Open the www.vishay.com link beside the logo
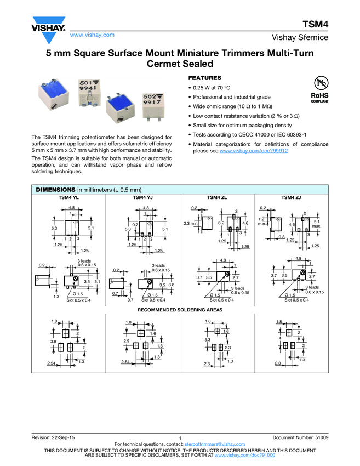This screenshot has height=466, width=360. pyautogui.click(x=92, y=35)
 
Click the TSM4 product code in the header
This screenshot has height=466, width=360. pyautogui.click(x=315, y=25)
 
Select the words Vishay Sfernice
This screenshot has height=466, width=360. pyautogui.click(x=300, y=38)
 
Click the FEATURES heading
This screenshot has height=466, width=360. pyautogui.click(x=204, y=78)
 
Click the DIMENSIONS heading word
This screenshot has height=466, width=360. pyautogui.click(x=55, y=189)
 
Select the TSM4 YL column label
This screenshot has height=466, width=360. pyautogui.click(x=69, y=197)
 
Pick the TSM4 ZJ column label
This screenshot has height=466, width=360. pyautogui.click(x=291, y=197)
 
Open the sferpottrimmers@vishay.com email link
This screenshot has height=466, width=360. pyautogui.click(x=215, y=444)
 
